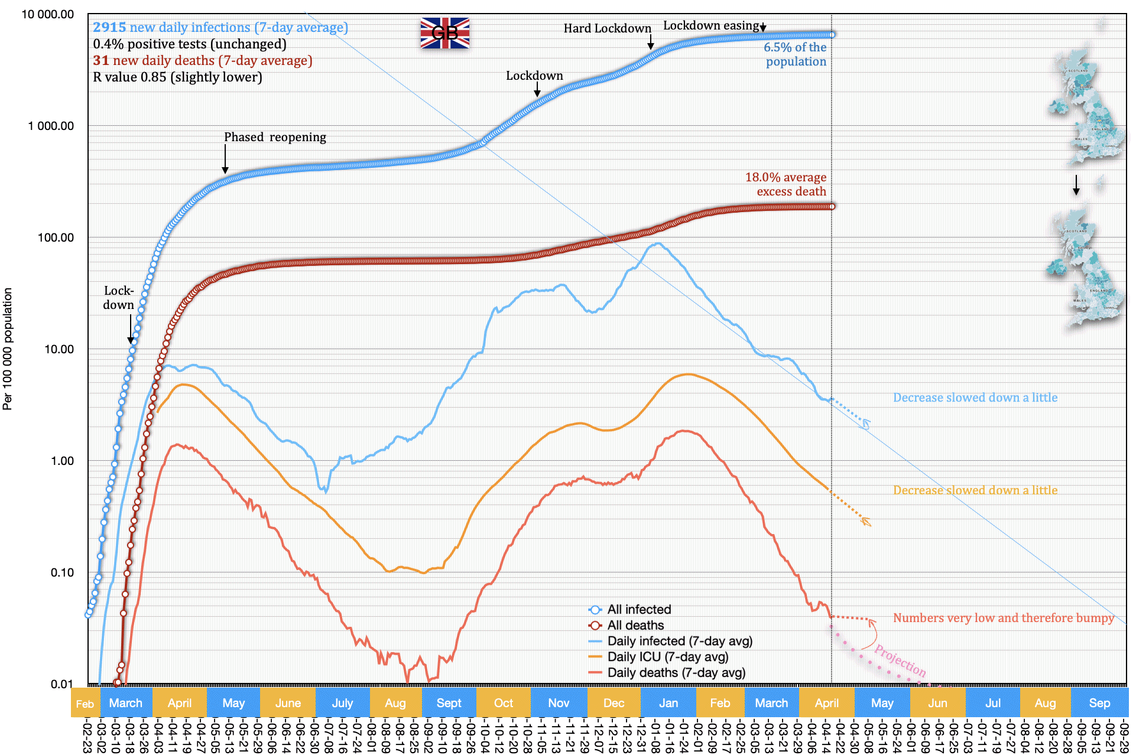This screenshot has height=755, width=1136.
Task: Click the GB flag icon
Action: point(444,32)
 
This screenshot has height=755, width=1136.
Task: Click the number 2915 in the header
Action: point(109,27)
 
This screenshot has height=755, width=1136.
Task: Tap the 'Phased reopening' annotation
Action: point(275,137)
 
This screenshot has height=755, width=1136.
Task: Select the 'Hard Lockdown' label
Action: point(607,28)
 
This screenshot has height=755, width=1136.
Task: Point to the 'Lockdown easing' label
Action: point(711,25)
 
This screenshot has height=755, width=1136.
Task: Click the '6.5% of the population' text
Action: point(795,54)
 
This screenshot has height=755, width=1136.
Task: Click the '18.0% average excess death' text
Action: point(786,184)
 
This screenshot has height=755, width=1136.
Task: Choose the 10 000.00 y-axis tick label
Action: point(48,14)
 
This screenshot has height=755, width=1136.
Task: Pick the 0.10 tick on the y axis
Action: point(62,572)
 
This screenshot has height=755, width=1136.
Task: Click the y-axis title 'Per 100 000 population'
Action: point(8,349)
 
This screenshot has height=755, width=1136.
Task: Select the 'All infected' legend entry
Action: point(639,610)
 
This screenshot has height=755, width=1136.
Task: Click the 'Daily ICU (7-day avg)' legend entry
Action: point(667,657)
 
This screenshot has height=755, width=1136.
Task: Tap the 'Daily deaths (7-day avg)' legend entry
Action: point(676,673)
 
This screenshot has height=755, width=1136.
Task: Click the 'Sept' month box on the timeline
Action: point(449,703)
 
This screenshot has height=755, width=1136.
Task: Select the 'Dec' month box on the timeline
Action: point(614,703)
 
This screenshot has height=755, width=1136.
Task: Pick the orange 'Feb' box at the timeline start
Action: point(85,704)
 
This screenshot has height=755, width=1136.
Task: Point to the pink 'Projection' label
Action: point(900,660)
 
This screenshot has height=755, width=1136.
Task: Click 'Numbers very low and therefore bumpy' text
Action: point(1003,618)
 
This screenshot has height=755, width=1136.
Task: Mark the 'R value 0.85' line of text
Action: point(177,77)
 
